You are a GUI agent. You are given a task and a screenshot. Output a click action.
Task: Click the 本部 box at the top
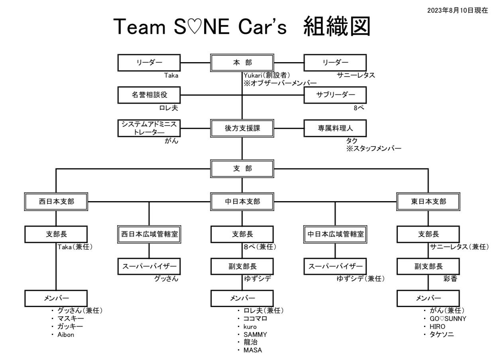click(x=242, y=63)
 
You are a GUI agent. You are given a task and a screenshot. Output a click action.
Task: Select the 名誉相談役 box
click(x=149, y=95)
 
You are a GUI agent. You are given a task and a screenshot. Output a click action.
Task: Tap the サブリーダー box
click(x=335, y=95)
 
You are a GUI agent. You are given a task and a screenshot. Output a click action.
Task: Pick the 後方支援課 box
click(x=242, y=128)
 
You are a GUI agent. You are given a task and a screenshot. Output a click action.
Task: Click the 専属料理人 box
click(x=335, y=128)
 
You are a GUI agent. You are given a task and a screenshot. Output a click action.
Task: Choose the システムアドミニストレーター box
click(x=149, y=128)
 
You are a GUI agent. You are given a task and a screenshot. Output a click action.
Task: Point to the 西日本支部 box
click(x=56, y=202)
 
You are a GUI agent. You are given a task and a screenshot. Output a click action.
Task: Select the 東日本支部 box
click(x=428, y=202)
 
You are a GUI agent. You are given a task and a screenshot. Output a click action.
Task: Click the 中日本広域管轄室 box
click(x=335, y=234)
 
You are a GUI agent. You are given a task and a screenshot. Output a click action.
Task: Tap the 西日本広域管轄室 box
click(x=149, y=234)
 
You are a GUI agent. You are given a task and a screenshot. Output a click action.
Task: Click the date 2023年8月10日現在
click(x=458, y=10)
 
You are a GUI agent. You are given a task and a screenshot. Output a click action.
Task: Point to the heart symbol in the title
click(x=195, y=27)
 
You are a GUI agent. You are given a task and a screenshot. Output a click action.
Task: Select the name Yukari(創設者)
click(x=267, y=75)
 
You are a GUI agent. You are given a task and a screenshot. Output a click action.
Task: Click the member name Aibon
click(x=66, y=335)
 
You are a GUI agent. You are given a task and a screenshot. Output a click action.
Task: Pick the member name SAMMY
click(x=255, y=335)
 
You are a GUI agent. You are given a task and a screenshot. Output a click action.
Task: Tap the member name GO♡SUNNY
click(x=448, y=319)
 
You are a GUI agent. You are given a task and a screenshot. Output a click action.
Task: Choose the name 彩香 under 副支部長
click(x=450, y=279)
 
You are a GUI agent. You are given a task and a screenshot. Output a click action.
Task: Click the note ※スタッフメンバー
click(x=374, y=149)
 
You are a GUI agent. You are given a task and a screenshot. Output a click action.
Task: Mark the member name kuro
click(x=250, y=327)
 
